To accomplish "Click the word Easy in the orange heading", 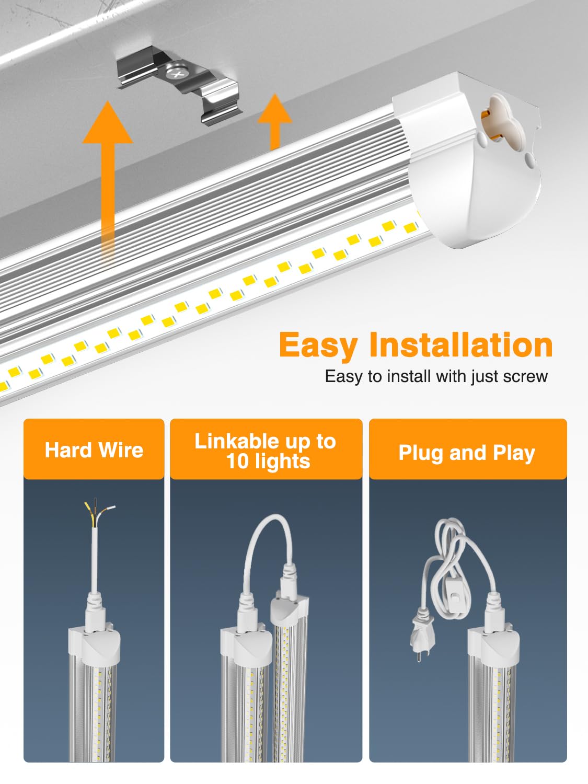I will [x=318, y=345].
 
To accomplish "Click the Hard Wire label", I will [x=94, y=450].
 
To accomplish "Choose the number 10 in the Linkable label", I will [x=238, y=462].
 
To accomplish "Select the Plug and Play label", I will [x=467, y=453].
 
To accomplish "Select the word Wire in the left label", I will [x=121, y=450].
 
